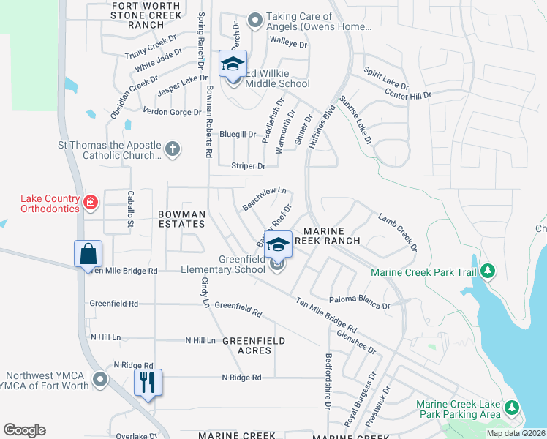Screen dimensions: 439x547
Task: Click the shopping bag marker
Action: pyautogui.click(x=88, y=255)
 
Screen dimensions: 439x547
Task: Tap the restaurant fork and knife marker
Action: pyautogui.click(x=148, y=382)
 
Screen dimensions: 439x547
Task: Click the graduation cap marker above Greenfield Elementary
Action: pyautogui.click(x=278, y=244)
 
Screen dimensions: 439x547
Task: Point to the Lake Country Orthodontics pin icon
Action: pyautogui.click(x=91, y=202)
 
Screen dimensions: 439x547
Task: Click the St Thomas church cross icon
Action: pyautogui.click(x=173, y=150)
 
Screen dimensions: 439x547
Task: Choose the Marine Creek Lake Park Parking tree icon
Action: pyautogui.click(x=513, y=407)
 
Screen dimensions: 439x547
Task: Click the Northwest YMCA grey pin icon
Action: pyautogui.click(x=101, y=380)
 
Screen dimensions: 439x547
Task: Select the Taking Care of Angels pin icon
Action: pyautogui.click(x=254, y=21)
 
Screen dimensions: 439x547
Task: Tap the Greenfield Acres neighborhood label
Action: pyautogui.click(x=247, y=345)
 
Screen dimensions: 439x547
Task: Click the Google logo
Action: pyautogui.click(x=24, y=430)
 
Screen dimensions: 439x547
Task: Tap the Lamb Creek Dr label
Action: pyautogui.click(x=398, y=232)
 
